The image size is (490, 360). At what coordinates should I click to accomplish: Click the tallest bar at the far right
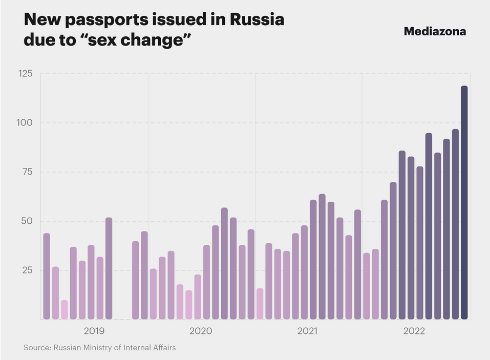(x=464, y=202)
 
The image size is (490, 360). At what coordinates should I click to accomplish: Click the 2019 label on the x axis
(x=94, y=331)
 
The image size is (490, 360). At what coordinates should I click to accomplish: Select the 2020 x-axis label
(x=201, y=331)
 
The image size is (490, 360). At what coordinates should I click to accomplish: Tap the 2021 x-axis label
(x=307, y=331)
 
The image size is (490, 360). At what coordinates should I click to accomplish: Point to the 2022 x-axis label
(x=414, y=331)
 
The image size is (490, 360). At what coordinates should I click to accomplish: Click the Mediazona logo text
(x=435, y=31)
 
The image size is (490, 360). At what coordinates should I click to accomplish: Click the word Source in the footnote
(x=37, y=348)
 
